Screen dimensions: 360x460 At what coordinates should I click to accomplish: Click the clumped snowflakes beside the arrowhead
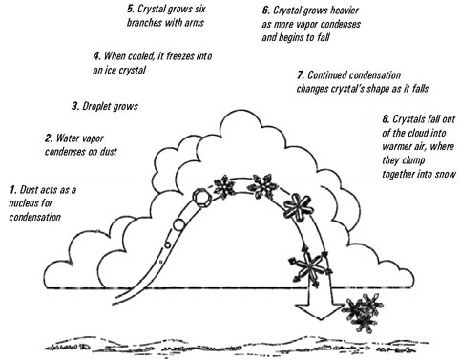[x=361, y=308]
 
